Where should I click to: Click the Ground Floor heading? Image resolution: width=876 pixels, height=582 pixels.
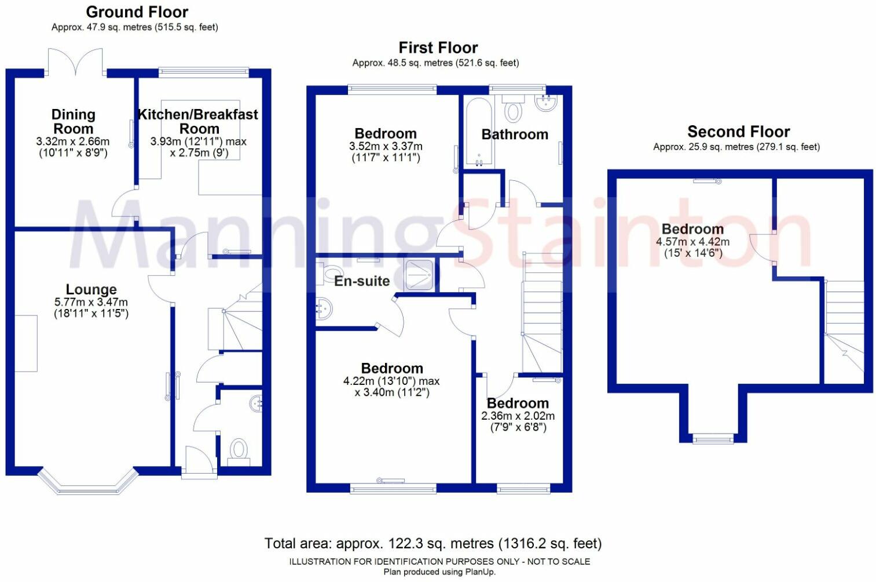click(x=137, y=12)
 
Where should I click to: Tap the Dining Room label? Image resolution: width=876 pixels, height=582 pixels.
click(x=73, y=121)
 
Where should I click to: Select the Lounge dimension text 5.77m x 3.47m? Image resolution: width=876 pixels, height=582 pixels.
click(x=91, y=302)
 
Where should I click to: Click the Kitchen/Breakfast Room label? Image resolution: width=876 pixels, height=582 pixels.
click(x=198, y=121)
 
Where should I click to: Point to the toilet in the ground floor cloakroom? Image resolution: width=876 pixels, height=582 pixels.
click(x=239, y=451)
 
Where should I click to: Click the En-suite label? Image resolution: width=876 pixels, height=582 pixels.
click(x=362, y=281)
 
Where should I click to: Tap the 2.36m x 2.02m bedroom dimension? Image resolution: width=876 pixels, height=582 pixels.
click(x=518, y=416)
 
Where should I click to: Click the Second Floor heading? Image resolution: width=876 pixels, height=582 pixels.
click(x=738, y=132)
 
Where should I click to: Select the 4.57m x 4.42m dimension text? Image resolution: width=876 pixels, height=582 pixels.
click(x=692, y=242)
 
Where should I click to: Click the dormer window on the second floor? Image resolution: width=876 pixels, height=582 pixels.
click(x=713, y=439)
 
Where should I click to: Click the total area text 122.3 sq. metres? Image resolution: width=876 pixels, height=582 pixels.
click(x=433, y=544)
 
